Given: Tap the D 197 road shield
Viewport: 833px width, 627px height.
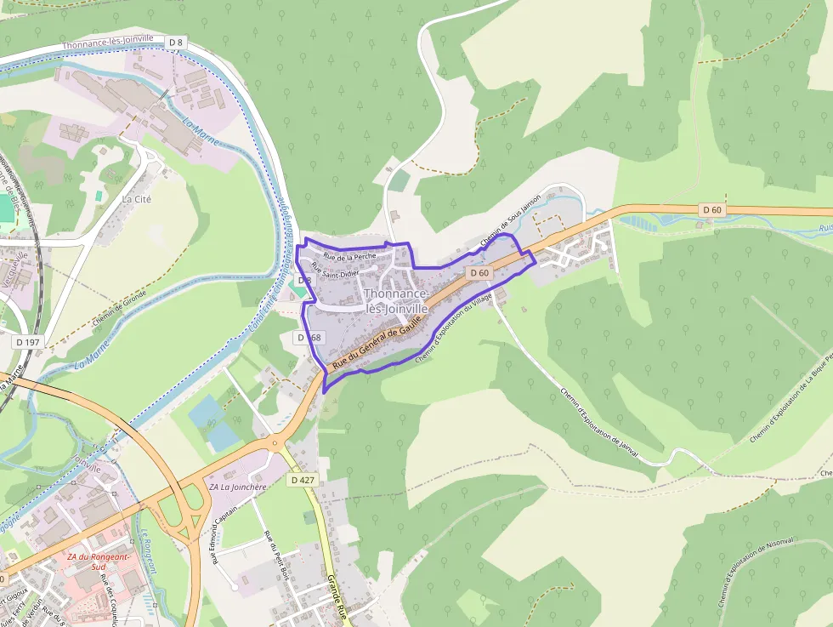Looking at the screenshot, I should tap(27, 341).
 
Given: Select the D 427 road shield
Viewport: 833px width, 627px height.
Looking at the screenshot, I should tap(302, 480).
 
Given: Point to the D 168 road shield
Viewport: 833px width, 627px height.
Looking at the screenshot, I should tap(310, 338).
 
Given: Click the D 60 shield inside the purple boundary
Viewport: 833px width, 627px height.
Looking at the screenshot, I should tap(479, 273).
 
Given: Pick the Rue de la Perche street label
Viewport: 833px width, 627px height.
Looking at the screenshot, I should tap(349, 256).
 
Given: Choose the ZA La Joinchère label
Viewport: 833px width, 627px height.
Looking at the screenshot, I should tap(237, 487).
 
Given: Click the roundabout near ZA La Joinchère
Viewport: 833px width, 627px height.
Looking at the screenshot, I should tap(275, 442).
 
